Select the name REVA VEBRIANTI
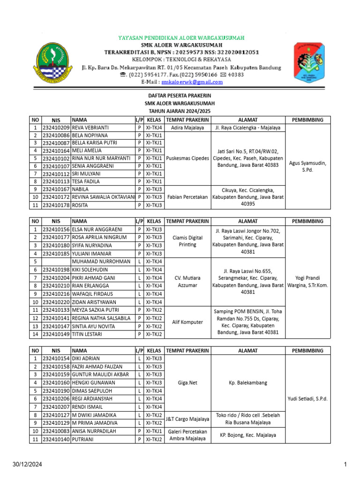(90, 127)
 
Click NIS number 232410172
(56, 197)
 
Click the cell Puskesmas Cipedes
(187, 158)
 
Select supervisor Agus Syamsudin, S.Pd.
(307, 166)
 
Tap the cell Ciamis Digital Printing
(187, 241)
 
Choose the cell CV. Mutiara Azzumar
(187, 282)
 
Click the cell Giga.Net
(187, 382)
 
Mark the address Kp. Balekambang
(248, 382)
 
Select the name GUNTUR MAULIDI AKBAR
(100, 375)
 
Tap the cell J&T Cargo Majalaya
(187, 419)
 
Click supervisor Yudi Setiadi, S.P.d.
(308, 399)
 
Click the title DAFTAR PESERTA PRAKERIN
(180, 96)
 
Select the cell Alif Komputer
(187, 322)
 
